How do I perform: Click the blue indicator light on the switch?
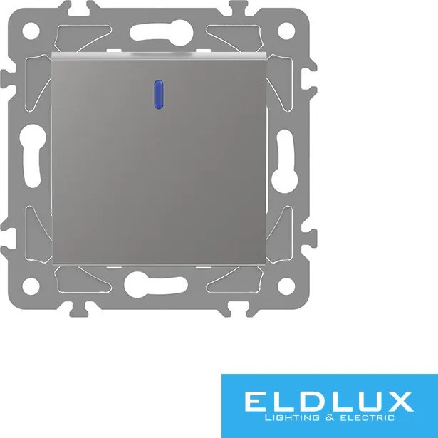(x=159, y=95)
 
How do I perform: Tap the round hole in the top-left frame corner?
(x=31, y=31)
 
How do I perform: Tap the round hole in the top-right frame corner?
(x=286, y=31)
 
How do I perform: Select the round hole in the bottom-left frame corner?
(x=31, y=286)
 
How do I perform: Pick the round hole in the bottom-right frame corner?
(x=286, y=286)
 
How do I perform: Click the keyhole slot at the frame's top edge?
(x=162, y=33)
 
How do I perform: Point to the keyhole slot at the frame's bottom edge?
(x=156, y=284)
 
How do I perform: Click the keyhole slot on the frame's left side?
(x=32, y=156)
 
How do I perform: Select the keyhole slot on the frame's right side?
(x=285, y=162)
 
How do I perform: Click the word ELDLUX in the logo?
(x=329, y=402)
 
